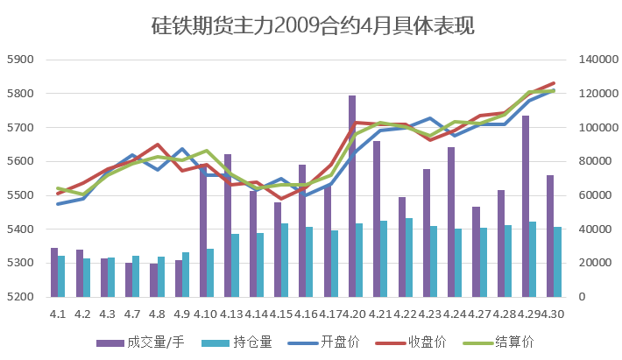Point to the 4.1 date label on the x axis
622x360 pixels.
[x=58, y=314]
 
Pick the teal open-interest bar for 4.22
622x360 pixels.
[x=409, y=258]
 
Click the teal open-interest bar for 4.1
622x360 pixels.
[x=61, y=276]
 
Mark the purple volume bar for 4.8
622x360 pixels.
[x=153, y=280]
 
